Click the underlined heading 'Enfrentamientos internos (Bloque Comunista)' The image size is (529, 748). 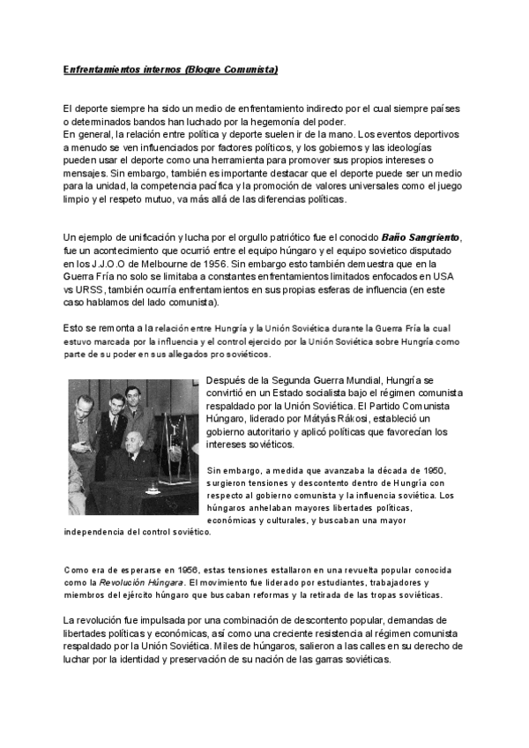pos(170,68)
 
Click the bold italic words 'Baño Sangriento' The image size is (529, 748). pos(421,238)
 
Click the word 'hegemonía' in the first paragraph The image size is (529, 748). pos(260,121)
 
